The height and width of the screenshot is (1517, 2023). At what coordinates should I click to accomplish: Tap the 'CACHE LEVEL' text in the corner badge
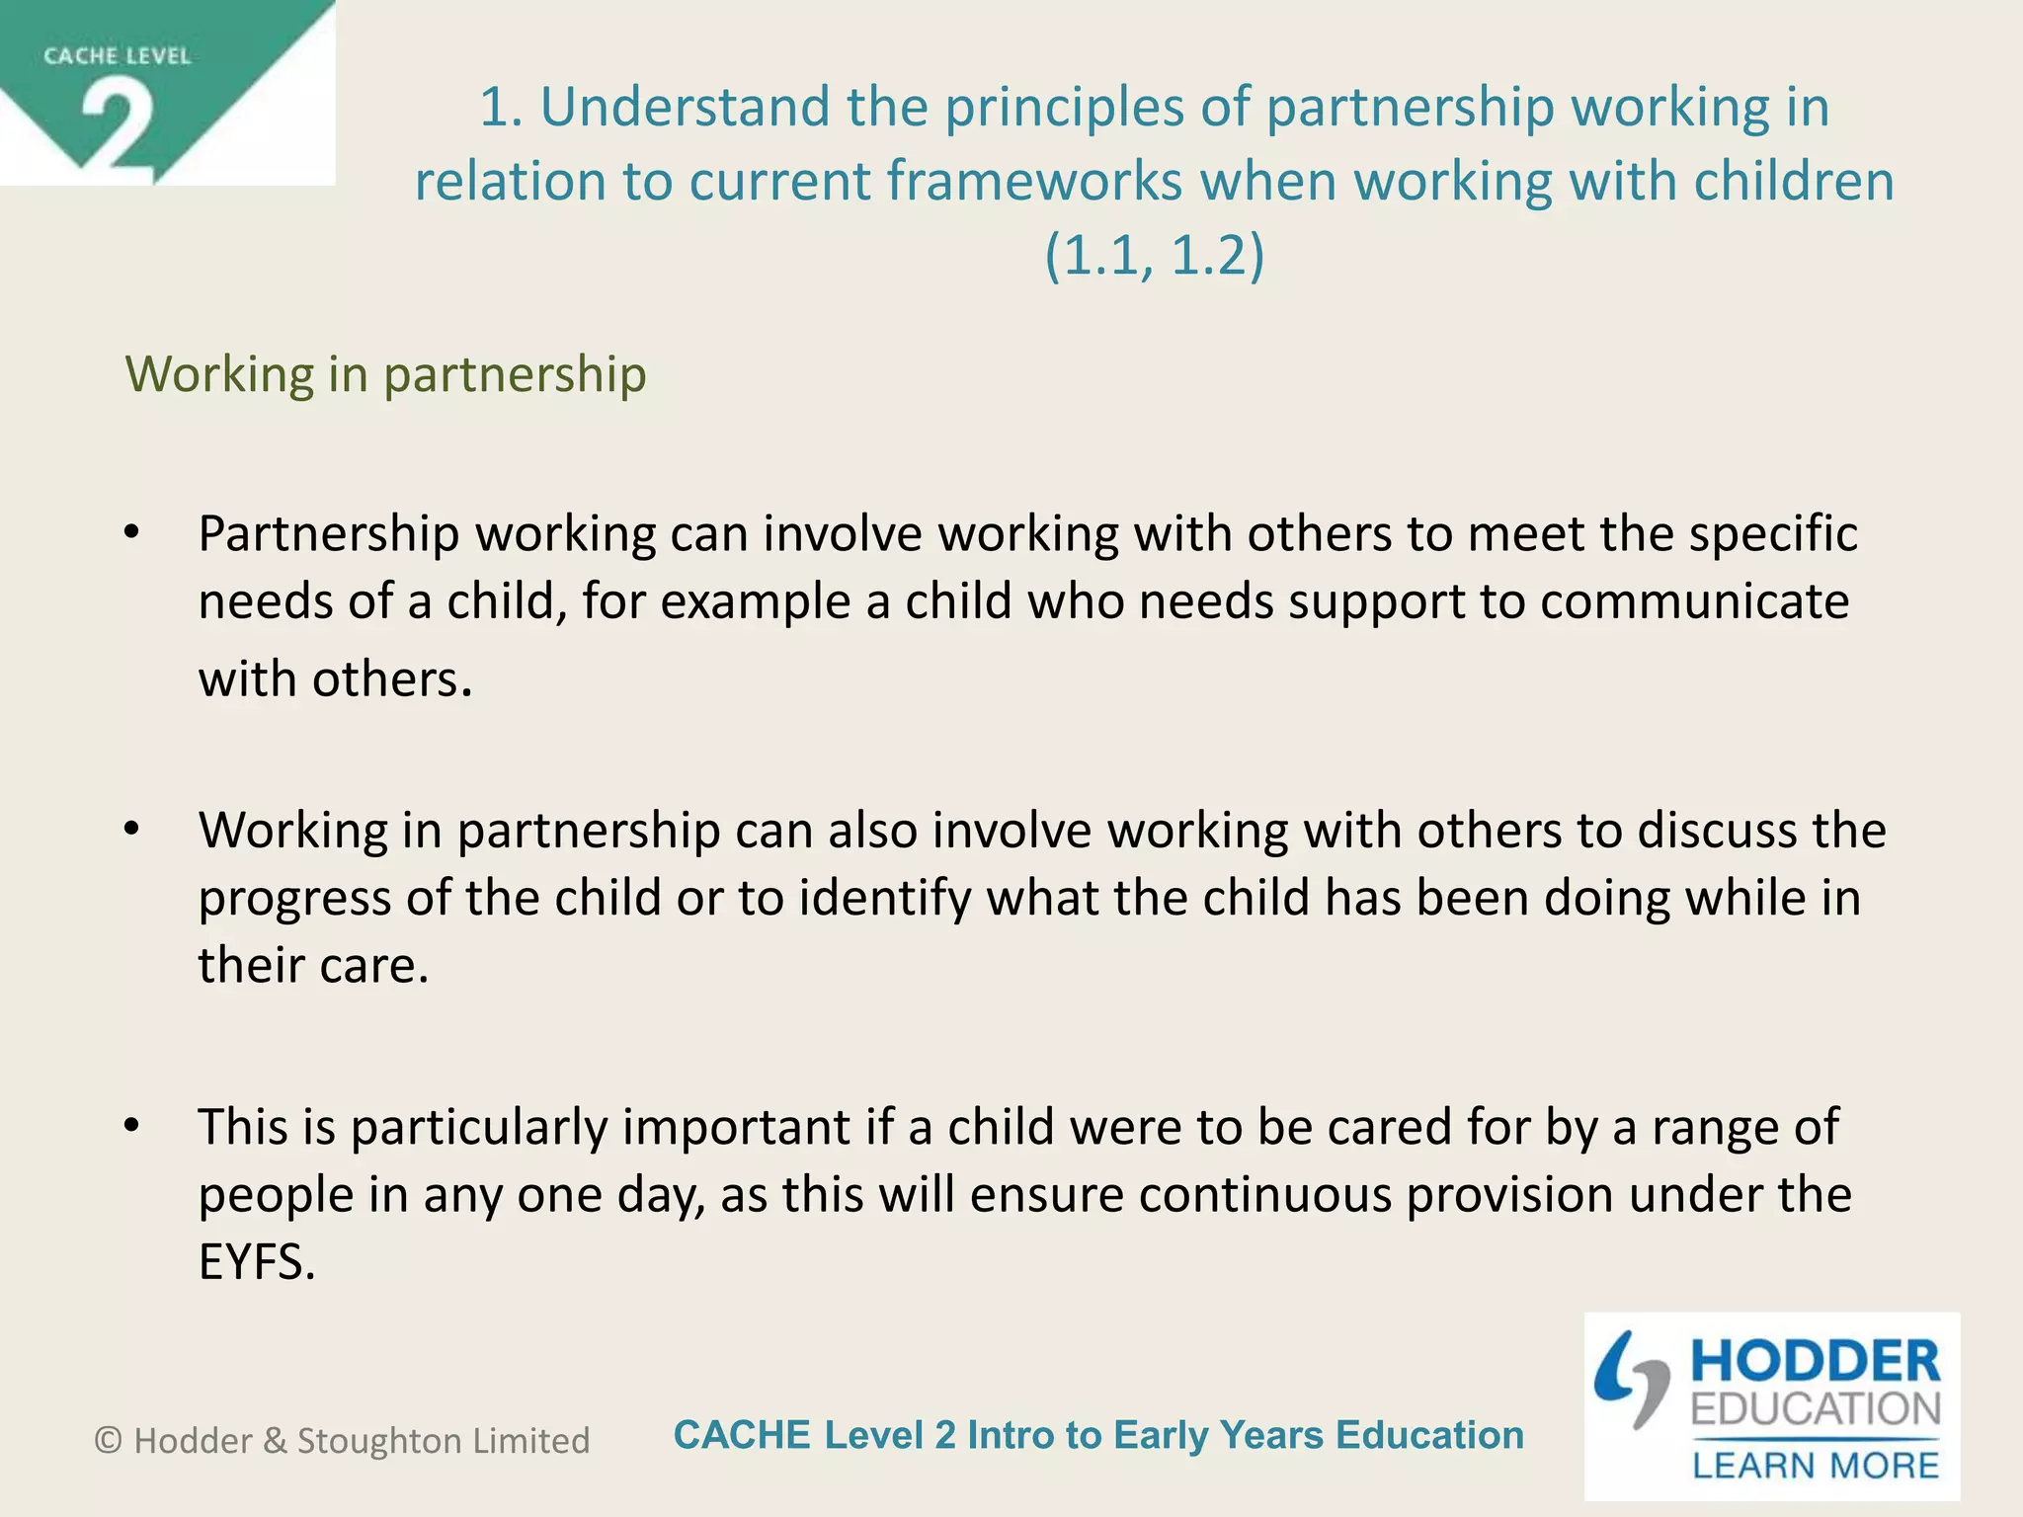coord(117,56)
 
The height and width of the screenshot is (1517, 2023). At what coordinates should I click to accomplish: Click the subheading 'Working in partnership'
coord(385,374)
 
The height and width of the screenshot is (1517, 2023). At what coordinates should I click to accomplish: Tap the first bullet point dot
coord(132,534)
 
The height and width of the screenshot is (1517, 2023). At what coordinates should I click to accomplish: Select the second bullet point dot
coord(132,831)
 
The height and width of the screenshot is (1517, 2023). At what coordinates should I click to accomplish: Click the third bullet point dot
coord(132,1127)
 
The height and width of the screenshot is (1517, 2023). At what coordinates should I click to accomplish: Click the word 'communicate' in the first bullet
coord(1694,601)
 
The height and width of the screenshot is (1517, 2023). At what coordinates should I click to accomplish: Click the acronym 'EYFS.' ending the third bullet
coord(257,1262)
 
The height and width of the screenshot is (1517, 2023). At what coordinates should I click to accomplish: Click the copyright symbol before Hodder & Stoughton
coord(108,1441)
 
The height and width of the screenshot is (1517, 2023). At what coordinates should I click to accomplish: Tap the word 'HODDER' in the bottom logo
coord(1816,1362)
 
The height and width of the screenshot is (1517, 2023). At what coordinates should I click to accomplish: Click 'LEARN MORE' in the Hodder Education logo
coord(1816,1466)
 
